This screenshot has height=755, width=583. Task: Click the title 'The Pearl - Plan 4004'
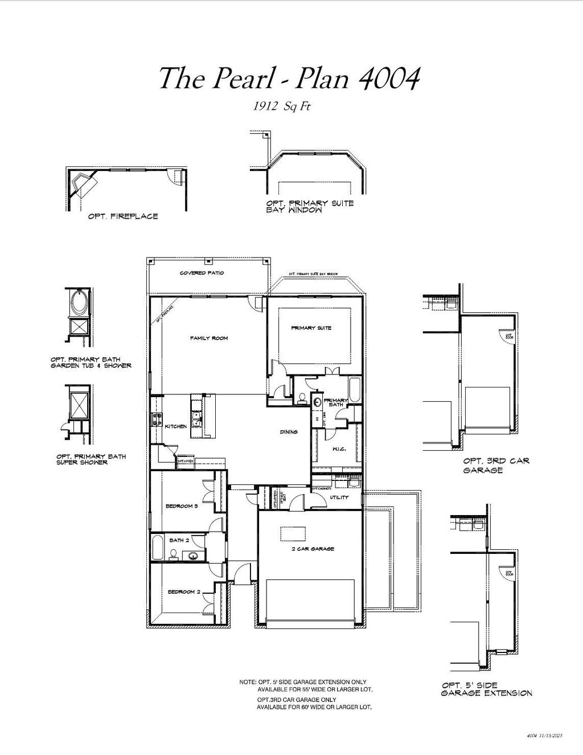click(x=289, y=78)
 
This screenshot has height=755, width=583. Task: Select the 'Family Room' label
click(x=209, y=338)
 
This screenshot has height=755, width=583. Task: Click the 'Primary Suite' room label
click(x=311, y=328)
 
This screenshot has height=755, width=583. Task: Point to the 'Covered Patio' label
click(x=202, y=273)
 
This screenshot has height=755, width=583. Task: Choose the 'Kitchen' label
click(x=176, y=426)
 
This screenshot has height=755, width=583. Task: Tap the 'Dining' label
click(x=289, y=432)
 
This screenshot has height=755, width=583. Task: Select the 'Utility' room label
click(x=339, y=497)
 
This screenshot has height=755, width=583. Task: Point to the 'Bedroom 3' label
click(x=182, y=506)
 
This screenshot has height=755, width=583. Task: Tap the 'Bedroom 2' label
click(x=183, y=592)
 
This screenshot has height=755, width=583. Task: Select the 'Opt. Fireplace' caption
click(x=123, y=217)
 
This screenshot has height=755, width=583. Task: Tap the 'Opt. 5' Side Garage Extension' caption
click(x=487, y=689)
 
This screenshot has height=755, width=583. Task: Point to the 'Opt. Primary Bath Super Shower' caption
click(x=91, y=459)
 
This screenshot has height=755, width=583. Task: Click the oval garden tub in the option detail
click(x=79, y=301)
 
